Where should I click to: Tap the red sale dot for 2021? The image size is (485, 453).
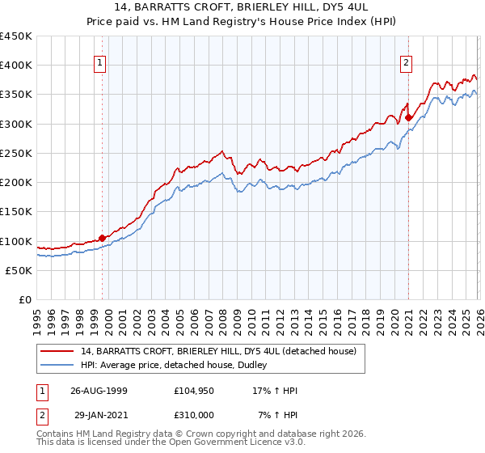409,117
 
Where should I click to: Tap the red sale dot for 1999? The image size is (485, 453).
103,238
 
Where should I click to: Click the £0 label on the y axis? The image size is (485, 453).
25,299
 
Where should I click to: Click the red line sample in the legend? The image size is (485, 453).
57,351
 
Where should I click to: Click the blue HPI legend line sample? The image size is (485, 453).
57,365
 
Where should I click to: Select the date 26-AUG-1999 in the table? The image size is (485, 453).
99,391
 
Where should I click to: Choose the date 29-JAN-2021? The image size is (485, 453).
99,415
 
